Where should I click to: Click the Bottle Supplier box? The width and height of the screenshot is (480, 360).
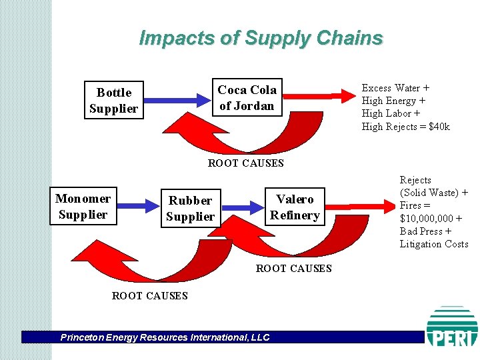pyautogui.click(x=113, y=101)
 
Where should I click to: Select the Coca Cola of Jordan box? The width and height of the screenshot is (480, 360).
pyautogui.click(x=247, y=98)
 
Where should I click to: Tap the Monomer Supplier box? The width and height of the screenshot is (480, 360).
pyautogui.click(x=83, y=206)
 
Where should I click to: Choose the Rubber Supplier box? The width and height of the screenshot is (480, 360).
pyautogui.click(x=190, y=208)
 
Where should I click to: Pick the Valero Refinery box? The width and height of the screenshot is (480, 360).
pyautogui.click(x=295, y=207)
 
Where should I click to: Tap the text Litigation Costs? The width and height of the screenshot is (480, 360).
pyautogui.click(x=434, y=244)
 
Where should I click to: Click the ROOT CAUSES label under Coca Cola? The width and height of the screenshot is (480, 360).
pyautogui.click(x=245, y=163)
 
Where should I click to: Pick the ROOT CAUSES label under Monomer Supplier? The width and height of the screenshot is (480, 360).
pyautogui.click(x=149, y=295)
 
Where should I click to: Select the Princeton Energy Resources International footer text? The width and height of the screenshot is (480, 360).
pyautogui.click(x=165, y=337)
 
